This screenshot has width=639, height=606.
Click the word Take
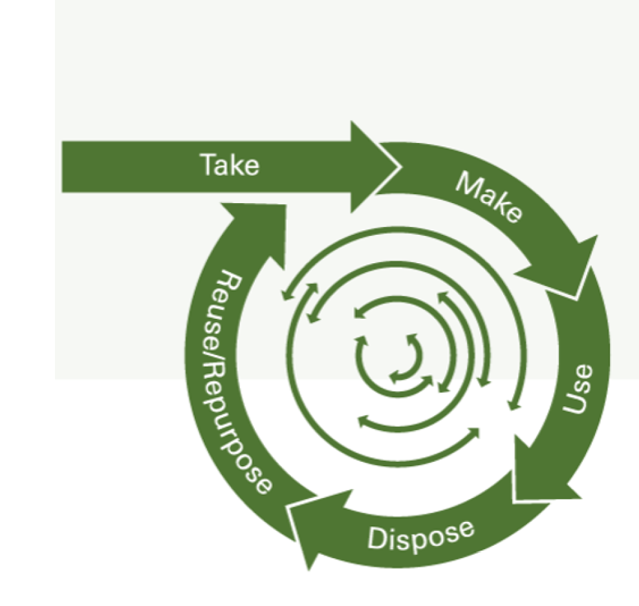coord(229,165)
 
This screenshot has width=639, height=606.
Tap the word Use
coord(578,389)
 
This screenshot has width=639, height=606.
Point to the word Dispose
coord(420,534)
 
